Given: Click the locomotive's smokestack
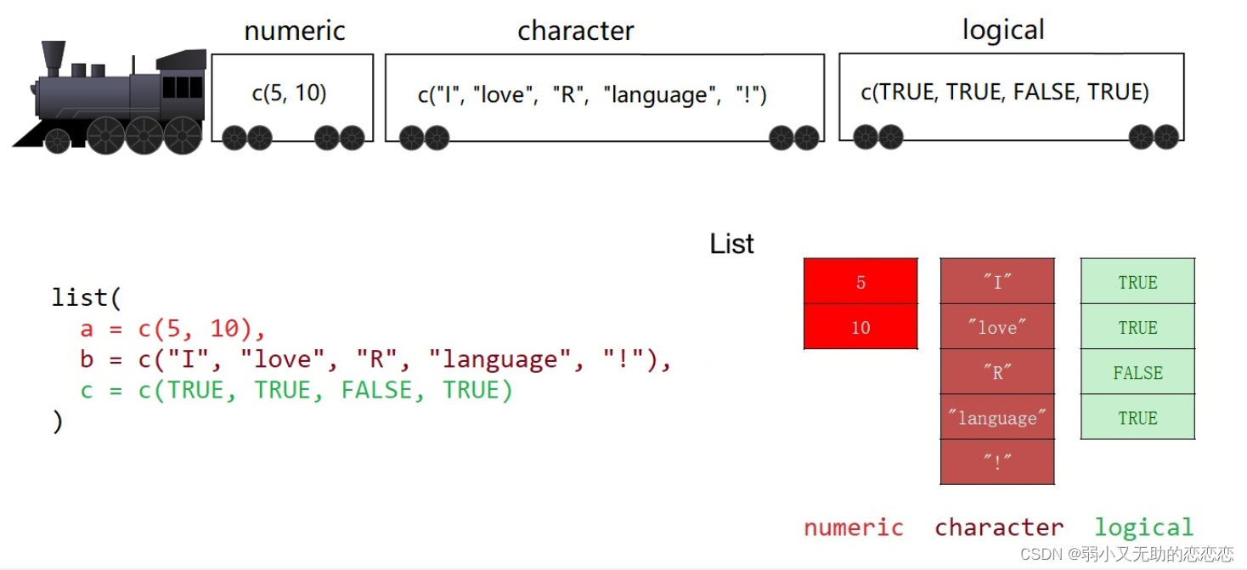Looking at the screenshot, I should click(53, 54).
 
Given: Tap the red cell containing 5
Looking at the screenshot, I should click(860, 282).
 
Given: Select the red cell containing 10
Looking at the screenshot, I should click(860, 327).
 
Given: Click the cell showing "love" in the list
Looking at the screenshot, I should click(997, 327).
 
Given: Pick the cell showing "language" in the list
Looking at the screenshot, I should click(997, 417).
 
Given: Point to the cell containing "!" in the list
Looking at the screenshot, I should click(997, 462).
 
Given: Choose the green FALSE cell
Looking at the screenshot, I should click(1137, 372).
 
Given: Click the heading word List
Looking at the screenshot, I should click(731, 245).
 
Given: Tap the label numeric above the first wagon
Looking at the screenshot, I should click(295, 31).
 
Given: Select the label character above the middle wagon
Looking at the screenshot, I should click(576, 31).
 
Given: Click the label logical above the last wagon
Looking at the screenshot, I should click(1003, 31).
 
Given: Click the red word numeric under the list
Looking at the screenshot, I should click(854, 528).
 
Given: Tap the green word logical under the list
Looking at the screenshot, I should click(1143, 528).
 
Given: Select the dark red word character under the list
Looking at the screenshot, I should click(999, 528).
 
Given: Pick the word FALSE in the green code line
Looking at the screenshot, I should click(375, 390).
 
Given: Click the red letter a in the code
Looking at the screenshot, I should click(87, 330).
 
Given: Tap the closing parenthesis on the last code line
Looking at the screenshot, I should click(58, 421).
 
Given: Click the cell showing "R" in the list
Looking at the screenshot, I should click(997, 372).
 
